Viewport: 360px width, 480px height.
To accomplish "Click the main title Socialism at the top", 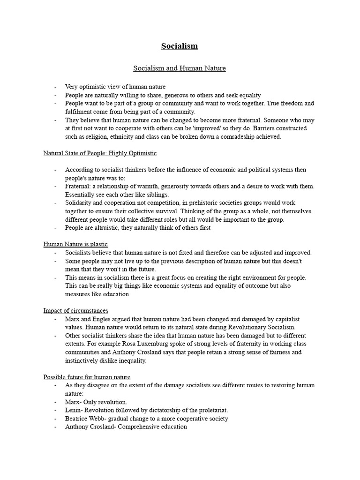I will pyautogui.click(x=180, y=46).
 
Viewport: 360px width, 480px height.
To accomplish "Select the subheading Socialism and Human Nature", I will pyautogui.click(x=180, y=68).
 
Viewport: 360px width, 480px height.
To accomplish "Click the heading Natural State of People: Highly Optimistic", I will pyautogui.click(x=100, y=153).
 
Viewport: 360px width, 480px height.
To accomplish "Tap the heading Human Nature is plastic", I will pyautogui.click(x=75, y=244).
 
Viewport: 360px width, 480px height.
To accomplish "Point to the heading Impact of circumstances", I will pyautogui.click(x=75, y=311).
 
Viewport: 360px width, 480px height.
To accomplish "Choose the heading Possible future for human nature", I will pyautogui.click(x=87, y=377).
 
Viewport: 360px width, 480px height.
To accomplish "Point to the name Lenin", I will pyautogui.click(x=74, y=411).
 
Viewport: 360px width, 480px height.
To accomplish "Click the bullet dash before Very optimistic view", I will pyautogui.click(x=55, y=87).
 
